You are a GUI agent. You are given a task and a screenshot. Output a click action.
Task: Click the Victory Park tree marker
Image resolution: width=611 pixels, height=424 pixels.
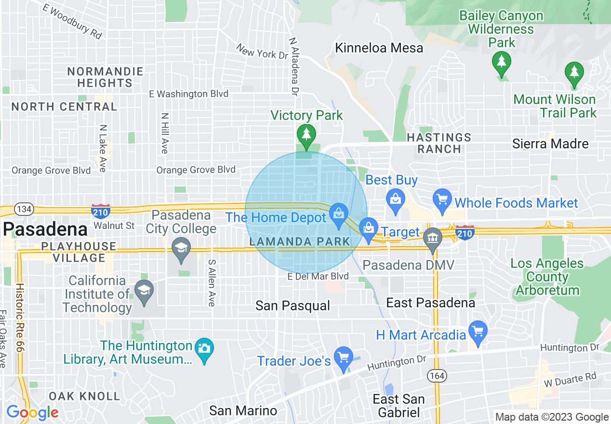pos(306,134)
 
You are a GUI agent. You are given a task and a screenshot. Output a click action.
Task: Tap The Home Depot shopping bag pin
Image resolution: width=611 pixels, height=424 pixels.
pos(339,214)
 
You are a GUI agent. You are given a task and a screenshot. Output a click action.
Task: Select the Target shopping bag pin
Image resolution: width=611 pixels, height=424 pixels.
pos(369,228)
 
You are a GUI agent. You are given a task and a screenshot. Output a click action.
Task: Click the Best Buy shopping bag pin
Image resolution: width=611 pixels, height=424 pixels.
pos(395,199)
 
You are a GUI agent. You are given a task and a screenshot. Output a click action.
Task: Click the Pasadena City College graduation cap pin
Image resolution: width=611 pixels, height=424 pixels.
pos(181,249)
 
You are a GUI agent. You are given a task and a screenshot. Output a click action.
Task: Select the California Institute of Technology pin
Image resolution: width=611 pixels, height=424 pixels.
pos(144,291)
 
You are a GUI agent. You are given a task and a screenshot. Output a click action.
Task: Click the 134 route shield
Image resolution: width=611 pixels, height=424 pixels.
pos(23,209)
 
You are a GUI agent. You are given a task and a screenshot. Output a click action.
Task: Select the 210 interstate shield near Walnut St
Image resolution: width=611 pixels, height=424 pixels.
pos(101,210)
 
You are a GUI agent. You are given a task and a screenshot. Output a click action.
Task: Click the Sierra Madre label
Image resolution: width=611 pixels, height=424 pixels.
pos(550,144)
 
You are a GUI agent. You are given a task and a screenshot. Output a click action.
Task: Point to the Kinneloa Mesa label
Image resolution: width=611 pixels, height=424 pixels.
pos(379,48)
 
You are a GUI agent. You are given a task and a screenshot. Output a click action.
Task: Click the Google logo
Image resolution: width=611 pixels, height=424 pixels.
pos(32,412)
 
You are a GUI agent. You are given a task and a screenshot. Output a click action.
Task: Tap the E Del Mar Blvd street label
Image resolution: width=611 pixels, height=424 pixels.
pos(318,277)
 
